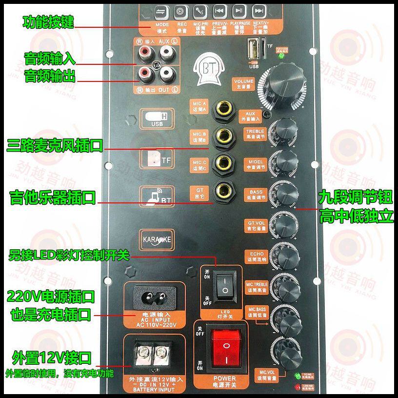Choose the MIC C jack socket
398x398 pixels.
(x=224, y=162)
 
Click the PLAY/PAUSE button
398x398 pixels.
(x=239, y=11)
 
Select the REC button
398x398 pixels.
(x=179, y=11)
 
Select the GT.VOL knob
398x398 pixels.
(x=285, y=222)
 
